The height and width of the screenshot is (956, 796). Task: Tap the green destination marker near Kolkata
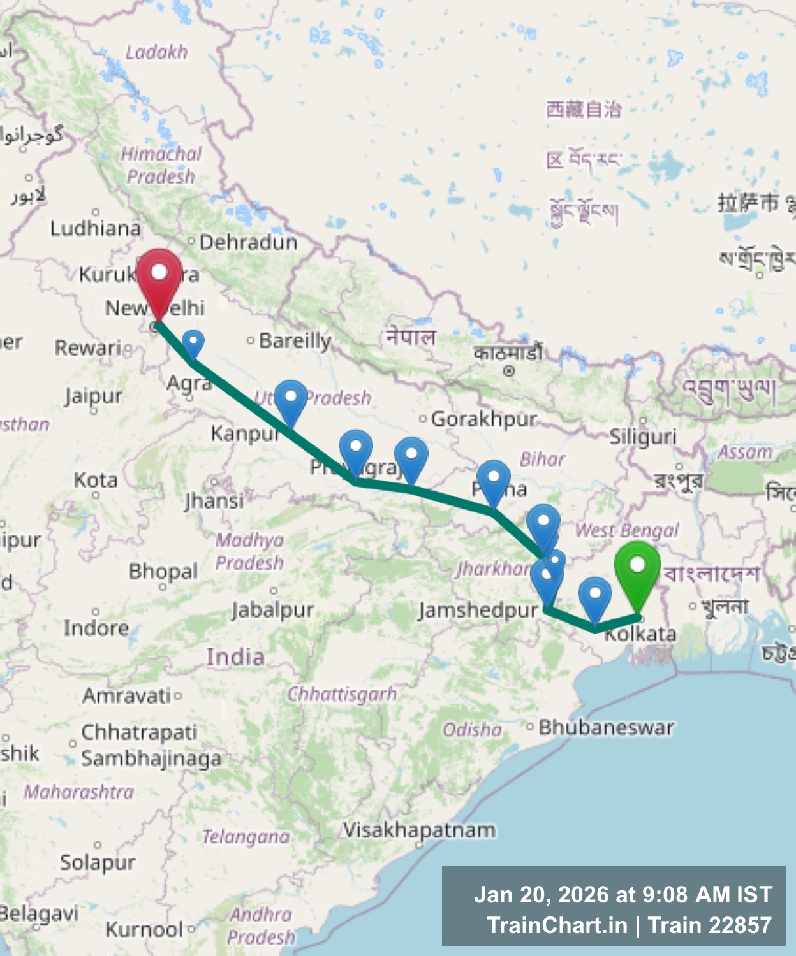tap(637, 569)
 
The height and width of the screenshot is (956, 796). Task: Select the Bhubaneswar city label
tap(605, 727)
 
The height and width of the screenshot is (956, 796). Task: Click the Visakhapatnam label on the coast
tap(419, 830)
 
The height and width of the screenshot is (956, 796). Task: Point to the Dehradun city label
tap(248, 242)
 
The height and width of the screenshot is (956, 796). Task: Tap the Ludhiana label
tap(95, 228)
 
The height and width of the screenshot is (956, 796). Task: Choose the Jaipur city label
tap(93, 396)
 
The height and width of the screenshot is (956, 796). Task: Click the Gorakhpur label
tap(484, 419)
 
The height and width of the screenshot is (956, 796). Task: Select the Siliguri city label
tap(642, 437)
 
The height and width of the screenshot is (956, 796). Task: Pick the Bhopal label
tap(163, 571)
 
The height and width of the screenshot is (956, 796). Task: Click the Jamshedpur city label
tap(478, 611)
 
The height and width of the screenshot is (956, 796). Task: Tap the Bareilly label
tap(295, 341)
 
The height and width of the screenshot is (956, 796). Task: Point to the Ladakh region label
tap(156, 52)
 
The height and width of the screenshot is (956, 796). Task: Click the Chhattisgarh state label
tap(342, 694)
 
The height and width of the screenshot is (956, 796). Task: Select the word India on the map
tap(235, 657)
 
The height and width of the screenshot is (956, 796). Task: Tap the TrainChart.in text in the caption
tap(557, 925)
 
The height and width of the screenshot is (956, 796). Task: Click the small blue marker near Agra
tap(193, 342)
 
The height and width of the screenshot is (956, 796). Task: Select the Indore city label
tap(96, 628)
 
